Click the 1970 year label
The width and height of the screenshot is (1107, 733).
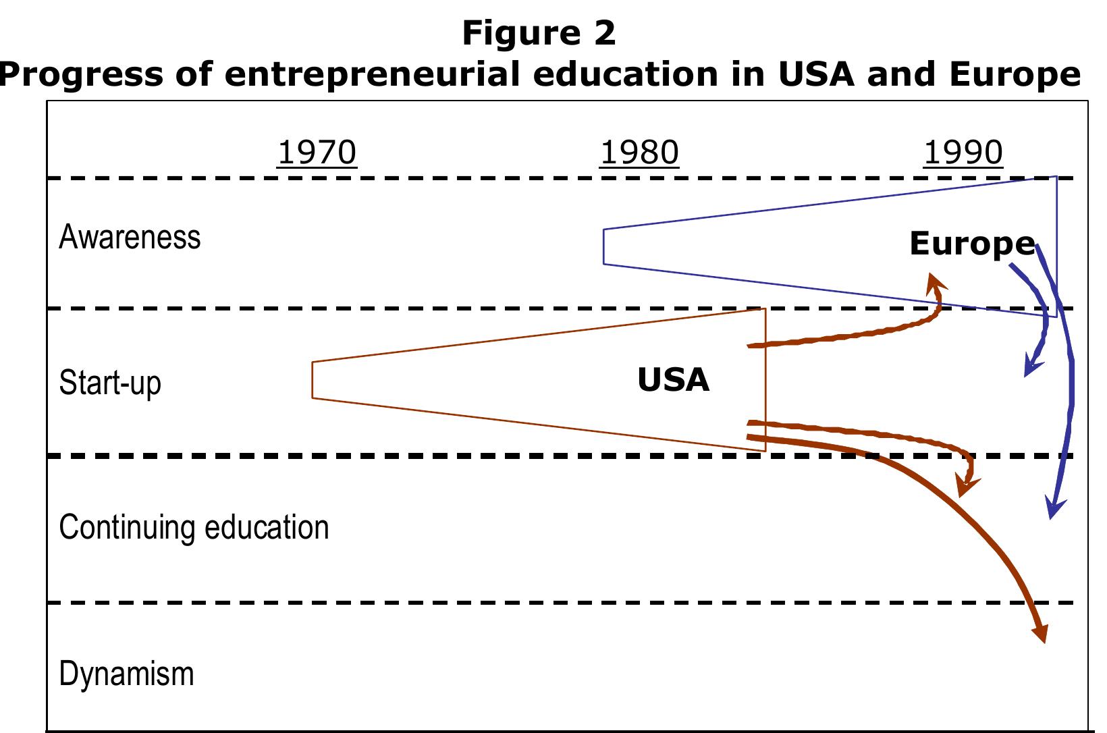pyautogui.click(x=317, y=153)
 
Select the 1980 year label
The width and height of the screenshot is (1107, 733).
pyautogui.click(x=639, y=153)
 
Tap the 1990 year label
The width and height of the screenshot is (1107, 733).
pyautogui.click(x=963, y=153)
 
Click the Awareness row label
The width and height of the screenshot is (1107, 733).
pyautogui.click(x=130, y=238)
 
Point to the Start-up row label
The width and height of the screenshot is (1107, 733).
pyautogui.click(x=110, y=383)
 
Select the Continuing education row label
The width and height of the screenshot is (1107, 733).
pyautogui.click(x=194, y=527)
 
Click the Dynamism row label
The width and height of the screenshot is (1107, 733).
pyautogui.click(x=126, y=674)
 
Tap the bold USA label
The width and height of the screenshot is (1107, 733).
pyautogui.click(x=673, y=380)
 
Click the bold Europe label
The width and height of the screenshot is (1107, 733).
pyautogui.click(x=971, y=243)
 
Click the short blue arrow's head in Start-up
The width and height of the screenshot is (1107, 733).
pyautogui.click(x=1030, y=368)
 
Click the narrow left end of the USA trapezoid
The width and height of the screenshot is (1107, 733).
pyautogui.click(x=313, y=380)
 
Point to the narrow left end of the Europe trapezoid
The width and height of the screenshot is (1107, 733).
pyautogui.click(x=603, y=246)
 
